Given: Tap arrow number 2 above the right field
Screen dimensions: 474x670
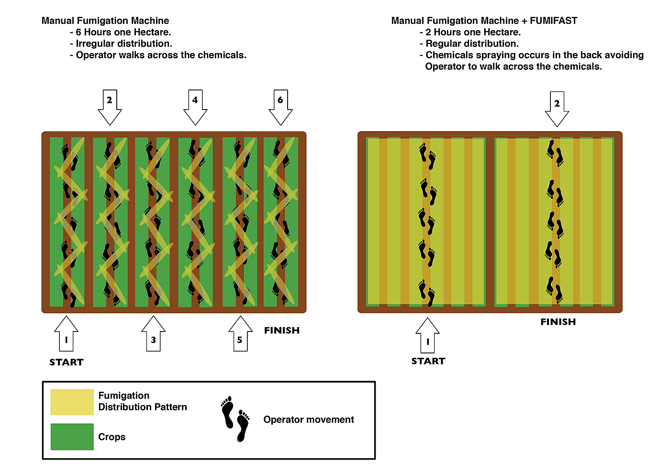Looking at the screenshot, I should click(x=557, y=108).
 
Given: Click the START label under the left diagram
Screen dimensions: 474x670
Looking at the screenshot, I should click(x=67, y=362).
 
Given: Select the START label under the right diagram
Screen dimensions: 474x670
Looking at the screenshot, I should click(x=428, y=361).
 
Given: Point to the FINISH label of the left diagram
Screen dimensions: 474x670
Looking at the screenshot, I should click(x=282, y=330).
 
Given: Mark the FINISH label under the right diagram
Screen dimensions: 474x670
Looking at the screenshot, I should click(x=558, y=322).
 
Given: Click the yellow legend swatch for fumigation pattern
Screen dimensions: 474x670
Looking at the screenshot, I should click(x=72, y=402).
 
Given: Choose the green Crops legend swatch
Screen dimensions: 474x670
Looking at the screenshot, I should click(x=72, y=437).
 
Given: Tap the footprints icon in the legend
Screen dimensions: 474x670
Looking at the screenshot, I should click(x=235, y=419).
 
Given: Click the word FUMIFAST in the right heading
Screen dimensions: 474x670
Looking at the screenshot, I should click(x=553, y=21).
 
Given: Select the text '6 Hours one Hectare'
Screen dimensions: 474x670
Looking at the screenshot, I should click(x=123, y=32).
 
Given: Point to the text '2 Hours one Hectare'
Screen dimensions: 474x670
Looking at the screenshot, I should click(x=473, y=32).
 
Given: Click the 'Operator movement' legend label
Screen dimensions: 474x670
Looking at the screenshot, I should click(x=309, y=419).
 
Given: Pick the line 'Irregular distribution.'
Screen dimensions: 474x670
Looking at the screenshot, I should click(x=124, y=44).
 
